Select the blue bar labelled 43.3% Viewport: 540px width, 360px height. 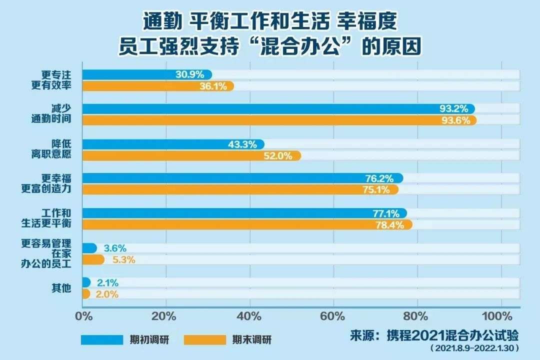click(172, 144)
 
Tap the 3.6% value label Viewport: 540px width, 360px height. click(115, 248)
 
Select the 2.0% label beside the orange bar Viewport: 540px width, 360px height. click(107, 294)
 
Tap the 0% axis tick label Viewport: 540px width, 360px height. click(82, 316)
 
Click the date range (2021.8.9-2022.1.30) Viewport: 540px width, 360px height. click(471, 347)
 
